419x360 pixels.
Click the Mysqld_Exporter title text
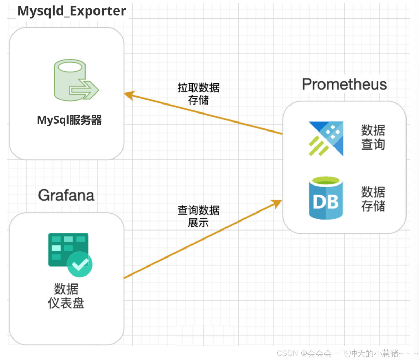(x=72, y=11)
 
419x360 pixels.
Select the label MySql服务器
(x=69, y=120)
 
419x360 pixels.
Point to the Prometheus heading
(x=344, y=84)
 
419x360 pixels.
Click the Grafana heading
(x=66, y=195)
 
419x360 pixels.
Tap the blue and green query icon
(x=326, y=138)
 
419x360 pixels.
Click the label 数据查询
(x=373, y=137)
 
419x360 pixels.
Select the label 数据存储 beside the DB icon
(x=373, y=199)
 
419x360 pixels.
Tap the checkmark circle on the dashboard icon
(x=80, y=264)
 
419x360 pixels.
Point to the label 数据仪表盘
(x=66, y=296)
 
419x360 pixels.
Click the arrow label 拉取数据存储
(x=198, y=93)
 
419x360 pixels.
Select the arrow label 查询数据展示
(x=198, y=216)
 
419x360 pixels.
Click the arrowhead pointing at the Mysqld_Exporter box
(x=129, y=94)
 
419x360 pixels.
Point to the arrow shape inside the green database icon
(x=85, y=90)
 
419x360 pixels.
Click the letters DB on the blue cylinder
(x=326, y=202)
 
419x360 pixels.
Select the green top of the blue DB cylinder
(x=326, y=181)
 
